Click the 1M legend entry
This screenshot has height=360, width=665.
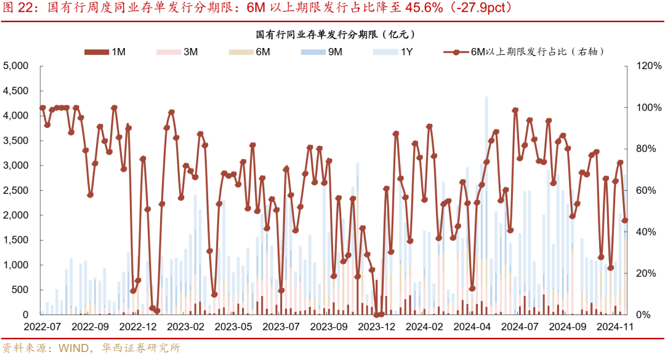click(105, 52)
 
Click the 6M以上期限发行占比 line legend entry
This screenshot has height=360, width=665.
click(523, 52)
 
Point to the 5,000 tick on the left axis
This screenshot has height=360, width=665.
click(16, 66)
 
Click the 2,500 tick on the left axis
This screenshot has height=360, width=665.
click(16, 190)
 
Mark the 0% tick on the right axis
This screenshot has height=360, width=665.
click(645, 315)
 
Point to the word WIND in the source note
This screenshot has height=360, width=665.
click(73, 348)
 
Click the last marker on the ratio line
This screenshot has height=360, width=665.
click(625, 220)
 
